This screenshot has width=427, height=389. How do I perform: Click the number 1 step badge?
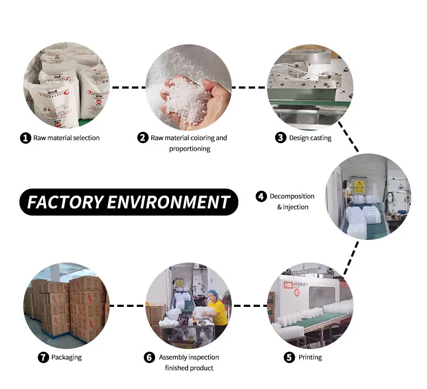[x=26, y=138]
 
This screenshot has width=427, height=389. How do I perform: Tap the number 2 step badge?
[x=143, y=138]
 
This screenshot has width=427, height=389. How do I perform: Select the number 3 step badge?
[x=280, y=138]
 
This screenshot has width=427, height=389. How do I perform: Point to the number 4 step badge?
[x=261, y=197]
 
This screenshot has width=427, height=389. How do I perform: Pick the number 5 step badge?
[x=290, y=357]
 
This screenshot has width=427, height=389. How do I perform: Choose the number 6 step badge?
[x=149, y=357]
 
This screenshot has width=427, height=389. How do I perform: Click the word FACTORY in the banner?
[x=65, y=202]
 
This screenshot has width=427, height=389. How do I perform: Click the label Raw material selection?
[x=66, y=138]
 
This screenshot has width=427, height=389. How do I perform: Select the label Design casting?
[x=310, y=138]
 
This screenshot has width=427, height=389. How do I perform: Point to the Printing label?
[x=310, y=357]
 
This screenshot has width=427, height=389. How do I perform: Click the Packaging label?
[x=66, y=357]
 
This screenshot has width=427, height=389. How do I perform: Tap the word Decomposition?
[x=292, y=197]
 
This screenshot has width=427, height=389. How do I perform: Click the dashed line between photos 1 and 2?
[x=128, y=87]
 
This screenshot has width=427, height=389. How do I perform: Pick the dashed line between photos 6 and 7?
[x=128, y=306]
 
